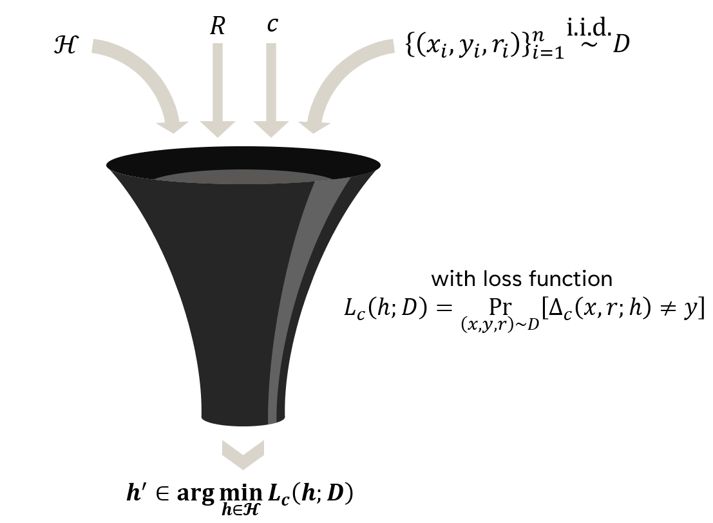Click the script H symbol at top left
[66, 46]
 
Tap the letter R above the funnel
[217, 26]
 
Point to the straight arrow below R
[218, 90]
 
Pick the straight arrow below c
[271, 90]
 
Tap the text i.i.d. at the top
[589, 28]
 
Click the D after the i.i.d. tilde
[621, 44]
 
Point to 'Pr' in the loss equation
[500, 307]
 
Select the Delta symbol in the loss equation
[556, 308]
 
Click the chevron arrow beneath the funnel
[243, 455]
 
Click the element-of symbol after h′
[162, 493]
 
